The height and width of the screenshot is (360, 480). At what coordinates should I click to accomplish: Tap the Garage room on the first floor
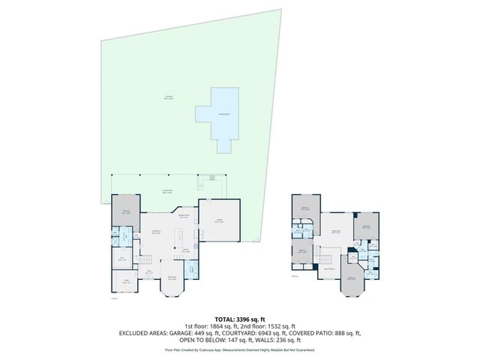tap(220, 222)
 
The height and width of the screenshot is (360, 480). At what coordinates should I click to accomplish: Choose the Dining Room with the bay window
tap(172, 280)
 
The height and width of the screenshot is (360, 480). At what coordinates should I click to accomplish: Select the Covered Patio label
tap(169, 191)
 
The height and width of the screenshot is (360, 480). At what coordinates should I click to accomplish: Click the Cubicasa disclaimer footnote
tap(239, 349)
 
